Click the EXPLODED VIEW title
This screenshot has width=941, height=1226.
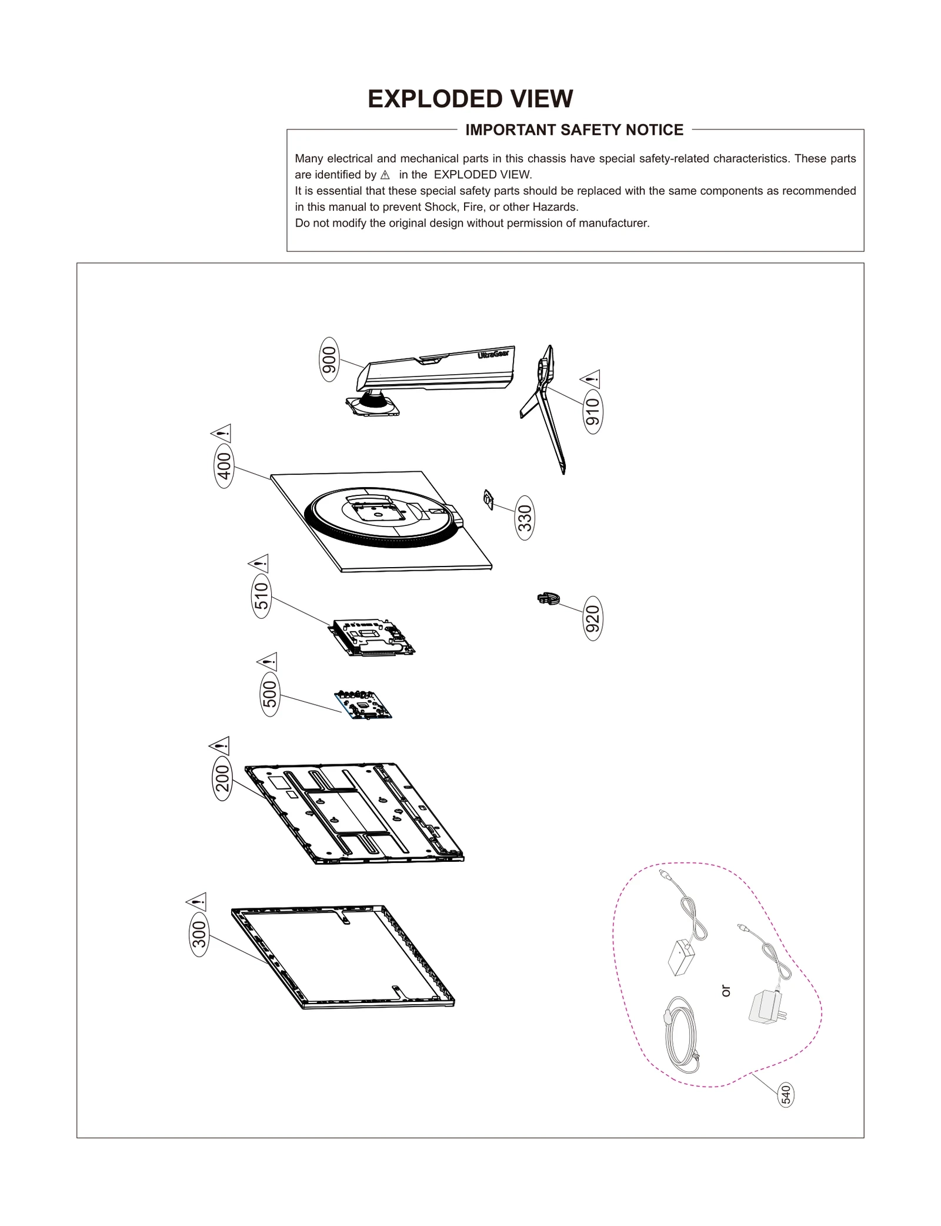(x=470, y=99)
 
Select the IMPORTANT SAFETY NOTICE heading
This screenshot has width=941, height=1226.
(x=574, y=130)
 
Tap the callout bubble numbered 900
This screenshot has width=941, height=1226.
(x=329, y=359)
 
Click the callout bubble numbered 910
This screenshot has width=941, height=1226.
(x=593, y=411)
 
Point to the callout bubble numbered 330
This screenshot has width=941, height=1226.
(x=525, y=518)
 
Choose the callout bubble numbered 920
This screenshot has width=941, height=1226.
(x=593, y=618)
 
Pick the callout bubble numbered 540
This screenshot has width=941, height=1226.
(x=786, y=1095)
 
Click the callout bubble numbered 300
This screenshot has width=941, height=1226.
(x=200, y=934)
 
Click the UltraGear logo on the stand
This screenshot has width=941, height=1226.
(x=493, y=355)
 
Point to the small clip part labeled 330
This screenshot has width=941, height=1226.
(x=488, y=499)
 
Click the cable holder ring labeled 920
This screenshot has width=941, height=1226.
(x=548, y=599)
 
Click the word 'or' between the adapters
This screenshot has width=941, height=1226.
(x=726, y=991)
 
